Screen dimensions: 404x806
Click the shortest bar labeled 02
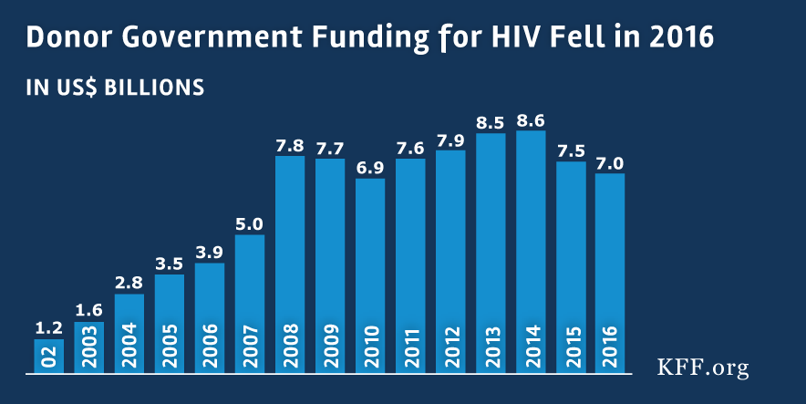point(49,356)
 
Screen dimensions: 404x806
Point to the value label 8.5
point(491,120)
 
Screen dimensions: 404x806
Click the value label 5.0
point(250,223)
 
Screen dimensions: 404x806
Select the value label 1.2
point(49,326)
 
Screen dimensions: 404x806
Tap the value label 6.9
point(370,166)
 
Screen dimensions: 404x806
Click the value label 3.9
point(210,251)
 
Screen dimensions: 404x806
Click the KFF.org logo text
point(703,367)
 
